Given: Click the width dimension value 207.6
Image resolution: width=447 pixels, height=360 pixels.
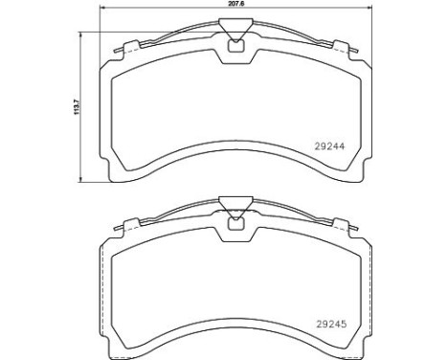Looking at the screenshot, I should click(x=235, y=6).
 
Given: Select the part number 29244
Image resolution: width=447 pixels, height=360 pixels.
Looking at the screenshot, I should click(x=330, y=147).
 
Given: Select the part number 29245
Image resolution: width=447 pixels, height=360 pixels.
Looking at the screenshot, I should click(x=330, y=324).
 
